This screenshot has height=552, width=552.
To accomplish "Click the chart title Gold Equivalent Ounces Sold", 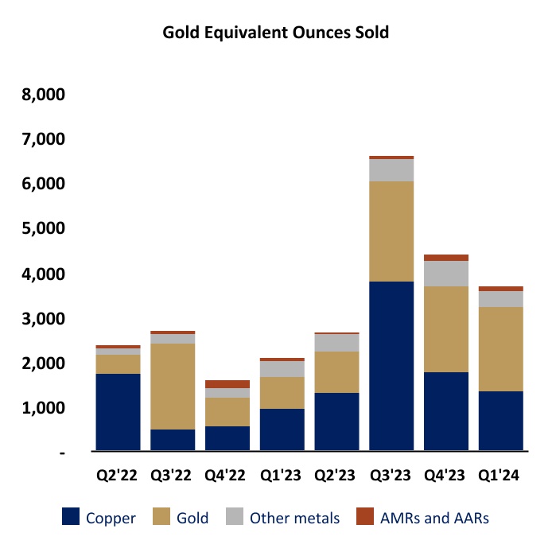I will pyautogui.click(x=276, y=33).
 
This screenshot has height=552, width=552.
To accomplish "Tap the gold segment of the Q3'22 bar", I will pyautogui.click(x=173, y=386).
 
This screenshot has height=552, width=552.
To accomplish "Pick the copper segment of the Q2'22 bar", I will pyautogui.click(x=119, y=412).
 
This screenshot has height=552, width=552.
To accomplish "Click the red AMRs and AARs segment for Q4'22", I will pyautogui.click(x=227, y=384).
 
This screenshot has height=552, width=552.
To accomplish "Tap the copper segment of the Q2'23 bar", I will pyautogui.click(x=336, y=422).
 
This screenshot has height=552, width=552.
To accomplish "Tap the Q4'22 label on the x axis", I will pyautogui.click(x=227, y=476).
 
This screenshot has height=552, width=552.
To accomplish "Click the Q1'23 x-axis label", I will pyautogui.click(x=281, y=476).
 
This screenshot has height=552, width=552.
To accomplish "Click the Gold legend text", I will pyautogui.click(x=192, y=518).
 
